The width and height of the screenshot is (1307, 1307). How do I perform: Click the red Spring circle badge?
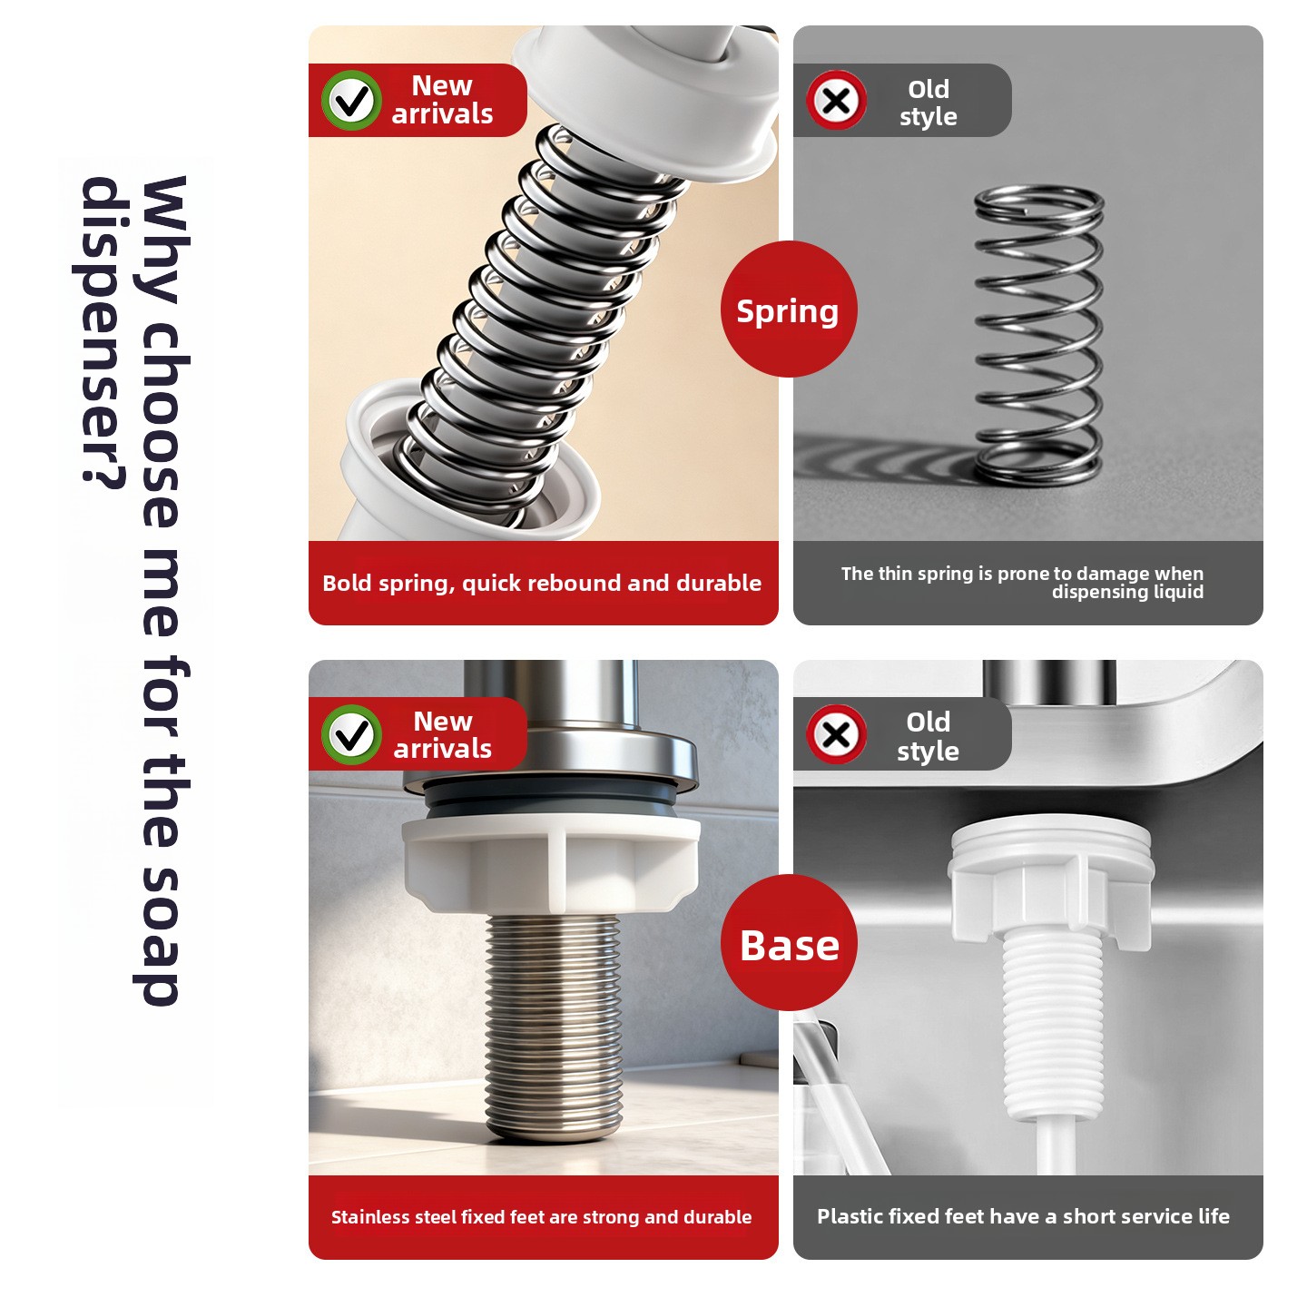coord(789,310)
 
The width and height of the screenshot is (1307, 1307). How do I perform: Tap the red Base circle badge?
coord(789,944)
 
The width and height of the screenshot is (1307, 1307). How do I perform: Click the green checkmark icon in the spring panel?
coord(351,101)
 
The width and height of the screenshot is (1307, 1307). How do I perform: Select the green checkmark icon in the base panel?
coord(351,734)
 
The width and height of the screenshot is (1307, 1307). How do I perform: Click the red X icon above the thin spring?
coord(836,101)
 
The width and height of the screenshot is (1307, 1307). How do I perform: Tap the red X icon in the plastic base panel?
coord(836,734)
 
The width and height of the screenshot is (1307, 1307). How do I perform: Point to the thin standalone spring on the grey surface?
coord(1039,336)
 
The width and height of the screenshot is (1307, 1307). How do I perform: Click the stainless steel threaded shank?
coord(554,1027)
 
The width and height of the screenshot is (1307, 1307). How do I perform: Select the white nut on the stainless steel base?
coord(551,865)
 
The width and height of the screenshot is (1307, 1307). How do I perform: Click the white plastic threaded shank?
coord(1049,1035)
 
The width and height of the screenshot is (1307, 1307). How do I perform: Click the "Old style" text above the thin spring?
coord(928,103)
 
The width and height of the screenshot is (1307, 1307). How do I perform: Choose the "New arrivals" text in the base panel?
coord(442,734)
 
